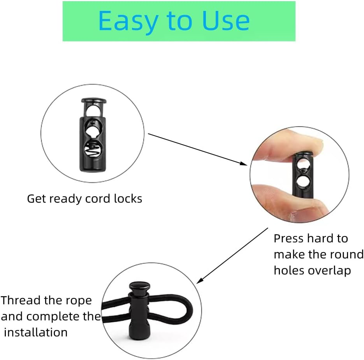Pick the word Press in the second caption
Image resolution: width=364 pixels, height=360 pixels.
tap(290, 238)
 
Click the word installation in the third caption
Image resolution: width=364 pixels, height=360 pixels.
tap(36, 332)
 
